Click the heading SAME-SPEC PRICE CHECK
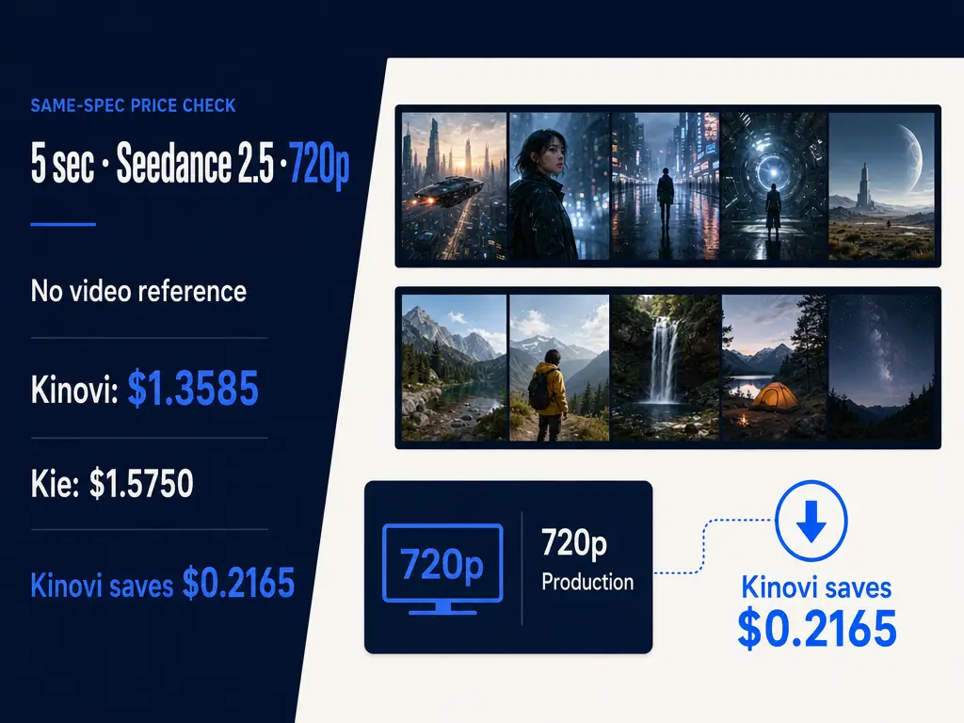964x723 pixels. coord(134,105)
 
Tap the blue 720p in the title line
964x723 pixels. coord(319,164)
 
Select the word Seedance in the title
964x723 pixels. coord(173,163)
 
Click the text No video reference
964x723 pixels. coord(138,291)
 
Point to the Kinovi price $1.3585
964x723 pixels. coord(193,389)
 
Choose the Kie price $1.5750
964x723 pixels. coord(141,483)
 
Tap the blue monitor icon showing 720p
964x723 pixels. coord(442,569)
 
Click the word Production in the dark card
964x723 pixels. coord(587,582)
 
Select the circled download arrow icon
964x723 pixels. coord(811,520)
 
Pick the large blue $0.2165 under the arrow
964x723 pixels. coord(817,629)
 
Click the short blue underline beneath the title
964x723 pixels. coord(63,224)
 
